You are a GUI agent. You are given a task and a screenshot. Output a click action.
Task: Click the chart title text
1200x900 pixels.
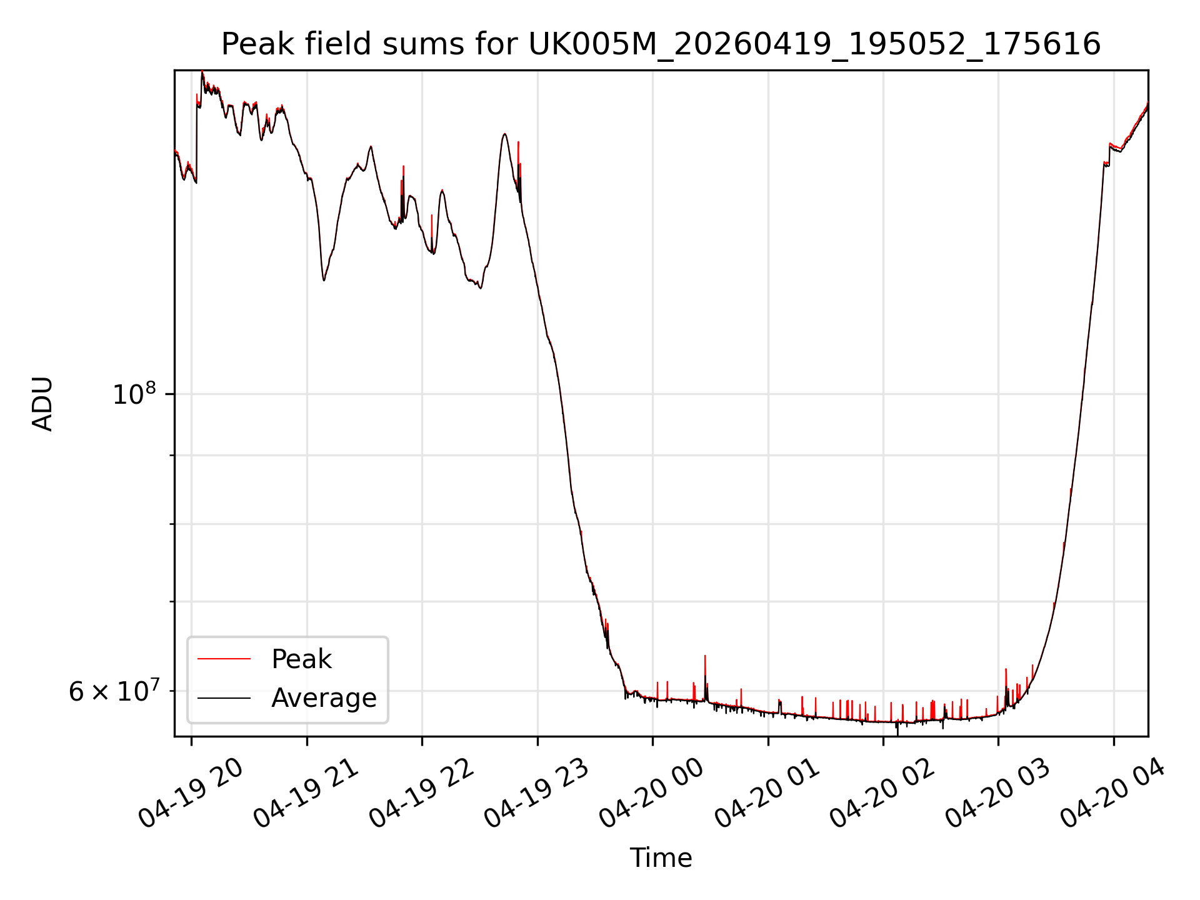[661, 44]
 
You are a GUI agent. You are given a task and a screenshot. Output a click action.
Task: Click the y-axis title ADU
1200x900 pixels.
[42, 403]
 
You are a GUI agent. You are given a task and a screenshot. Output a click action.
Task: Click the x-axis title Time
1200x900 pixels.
[661, 857]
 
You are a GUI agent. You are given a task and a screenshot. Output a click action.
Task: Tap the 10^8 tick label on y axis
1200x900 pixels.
[134, 394]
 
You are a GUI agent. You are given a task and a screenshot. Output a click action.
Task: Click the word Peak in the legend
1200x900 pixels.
[301, 659]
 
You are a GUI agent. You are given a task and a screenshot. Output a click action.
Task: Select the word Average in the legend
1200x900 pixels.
[324, 698]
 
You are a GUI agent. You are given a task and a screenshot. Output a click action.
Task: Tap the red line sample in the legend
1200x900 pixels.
[224, 659]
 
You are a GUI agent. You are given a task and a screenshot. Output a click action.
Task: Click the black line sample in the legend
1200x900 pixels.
[224, 697]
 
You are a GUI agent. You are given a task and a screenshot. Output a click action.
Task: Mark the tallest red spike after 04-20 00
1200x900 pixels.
[705, 656]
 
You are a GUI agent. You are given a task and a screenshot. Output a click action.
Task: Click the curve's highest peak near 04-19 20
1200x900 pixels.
[202, 72]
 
